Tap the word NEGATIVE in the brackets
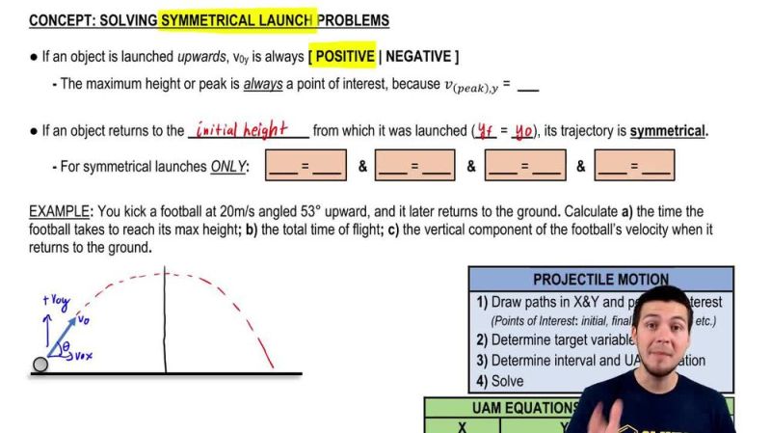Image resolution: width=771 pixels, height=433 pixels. tap(417, 56)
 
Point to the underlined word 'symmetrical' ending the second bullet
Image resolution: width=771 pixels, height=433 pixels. tap(667, 131)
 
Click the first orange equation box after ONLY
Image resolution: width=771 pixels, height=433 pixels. tap(306, 166)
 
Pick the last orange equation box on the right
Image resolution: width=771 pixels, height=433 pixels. tap(633, 166)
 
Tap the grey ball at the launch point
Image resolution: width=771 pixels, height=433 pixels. tap(40, 365)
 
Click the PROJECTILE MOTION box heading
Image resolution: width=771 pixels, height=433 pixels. tap(600, 280)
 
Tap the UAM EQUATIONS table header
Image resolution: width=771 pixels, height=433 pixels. tap(524, 408)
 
